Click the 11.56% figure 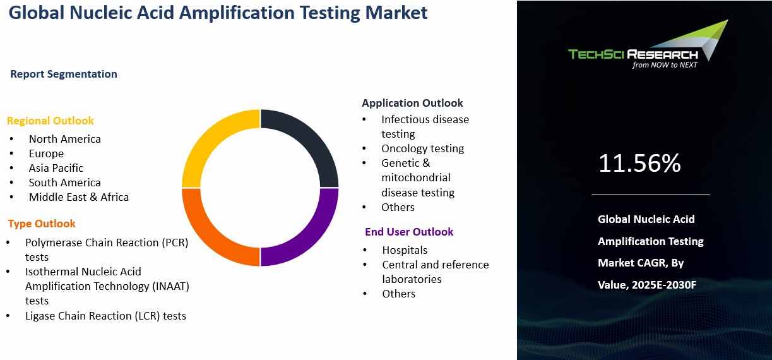click(639, 164)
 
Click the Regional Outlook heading click(50, 121)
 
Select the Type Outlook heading click(42, 224)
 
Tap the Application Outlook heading click(412, 103)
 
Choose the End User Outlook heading click(409, 232)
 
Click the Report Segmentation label click(64, 74)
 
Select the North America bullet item click(64, 139)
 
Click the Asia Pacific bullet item click(56, 168)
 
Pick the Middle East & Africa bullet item click(78, 197)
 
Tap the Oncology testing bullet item click(422, 148)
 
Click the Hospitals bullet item click(405, 250)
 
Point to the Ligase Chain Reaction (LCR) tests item click(105, 315)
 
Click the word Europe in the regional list click(46, 153)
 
